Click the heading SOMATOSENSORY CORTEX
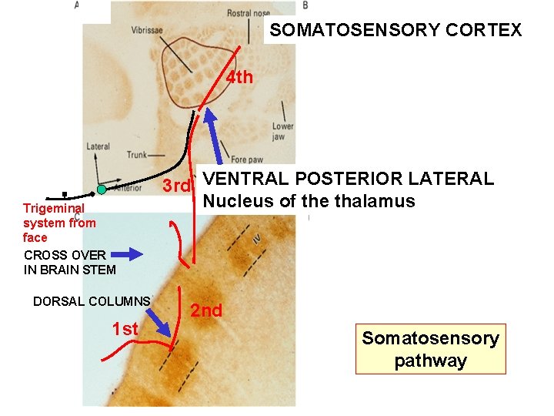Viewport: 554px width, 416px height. point(395,31)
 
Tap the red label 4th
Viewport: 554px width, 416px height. point(239,77)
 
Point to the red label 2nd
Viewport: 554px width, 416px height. point(206,310)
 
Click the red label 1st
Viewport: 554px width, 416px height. point(125,330)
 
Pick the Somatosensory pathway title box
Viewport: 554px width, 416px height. point(430,349)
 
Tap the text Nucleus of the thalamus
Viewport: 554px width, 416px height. point(309,202)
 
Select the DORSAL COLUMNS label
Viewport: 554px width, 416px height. point(92,301)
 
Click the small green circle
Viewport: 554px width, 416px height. point(101,190)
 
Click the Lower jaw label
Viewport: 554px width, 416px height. point(282,131)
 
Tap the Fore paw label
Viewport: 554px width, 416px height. point(248,160)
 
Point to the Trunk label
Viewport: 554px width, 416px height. point(136,155)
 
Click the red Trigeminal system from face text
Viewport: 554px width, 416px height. point(60,223)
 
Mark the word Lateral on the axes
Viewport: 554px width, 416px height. point(98,146)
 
